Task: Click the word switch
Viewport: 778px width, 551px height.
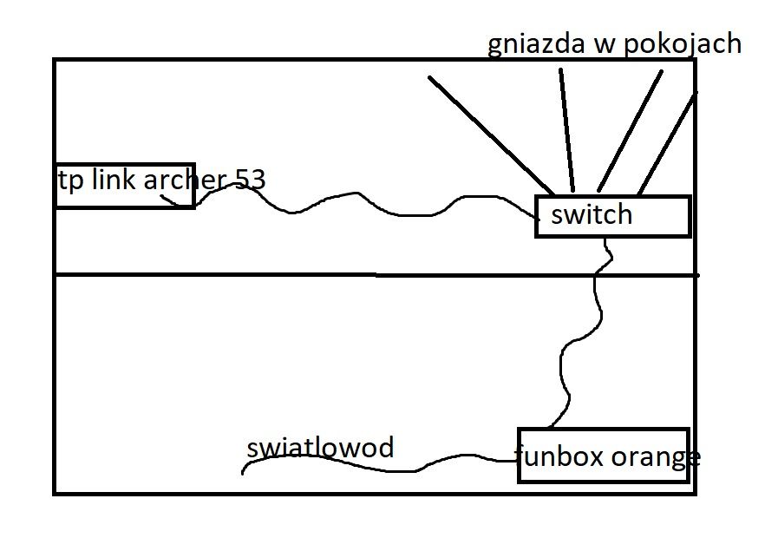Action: [592, 214]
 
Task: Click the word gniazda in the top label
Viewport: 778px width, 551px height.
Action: [536, 44]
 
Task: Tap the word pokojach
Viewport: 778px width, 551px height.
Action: [683, 44]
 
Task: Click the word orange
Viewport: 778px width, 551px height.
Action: [656, 457]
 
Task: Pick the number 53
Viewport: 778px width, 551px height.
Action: [251, 180]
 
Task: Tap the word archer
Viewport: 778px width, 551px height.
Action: [185, 180]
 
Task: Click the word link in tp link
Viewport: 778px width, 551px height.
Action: [114, 179]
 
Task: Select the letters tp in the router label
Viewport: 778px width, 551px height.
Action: [70, 181]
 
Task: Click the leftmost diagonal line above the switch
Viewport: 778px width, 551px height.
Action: [491, 135]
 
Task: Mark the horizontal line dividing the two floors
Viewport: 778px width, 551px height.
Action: [376, 274]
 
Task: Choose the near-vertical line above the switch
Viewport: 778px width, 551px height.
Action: [567, 130]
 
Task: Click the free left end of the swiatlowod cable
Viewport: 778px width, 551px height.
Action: [242, 474]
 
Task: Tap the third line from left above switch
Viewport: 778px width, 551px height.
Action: [630, 131]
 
